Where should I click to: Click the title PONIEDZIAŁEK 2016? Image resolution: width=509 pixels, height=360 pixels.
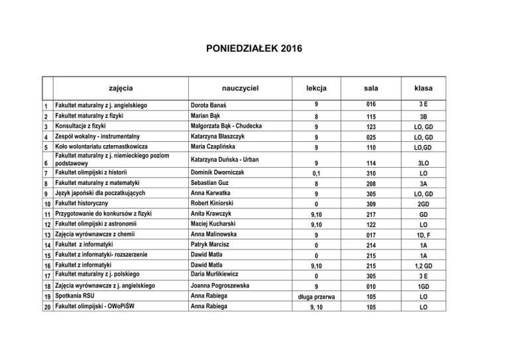point(254,49)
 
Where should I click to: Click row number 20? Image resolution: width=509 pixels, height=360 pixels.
point(46,308)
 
